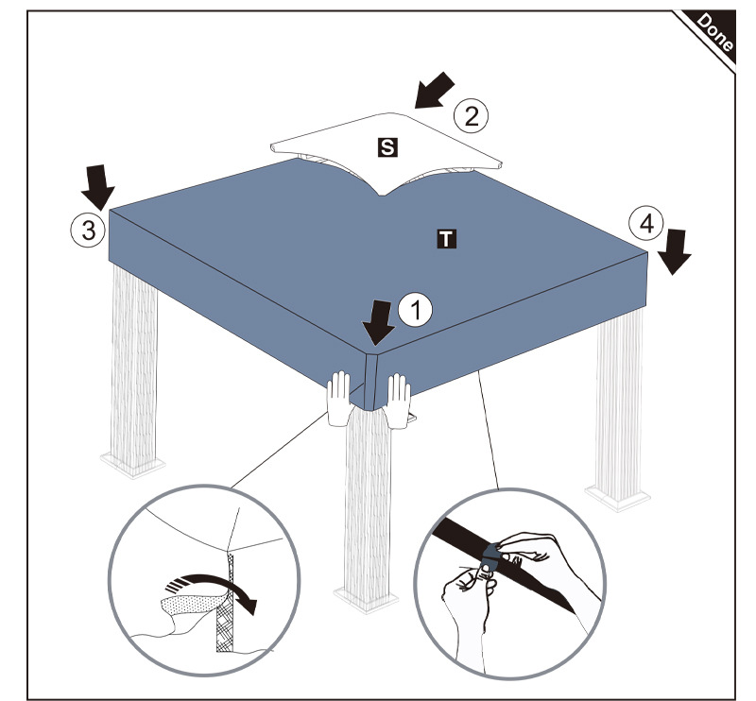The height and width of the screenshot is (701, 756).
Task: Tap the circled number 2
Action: [471, 116]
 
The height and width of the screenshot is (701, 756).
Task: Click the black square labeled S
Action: [386, 146]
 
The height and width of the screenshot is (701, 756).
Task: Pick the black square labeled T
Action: [445, 238]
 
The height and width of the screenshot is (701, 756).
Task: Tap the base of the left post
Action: [132, 464]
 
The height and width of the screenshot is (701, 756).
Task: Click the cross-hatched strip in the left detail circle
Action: [228, 605]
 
